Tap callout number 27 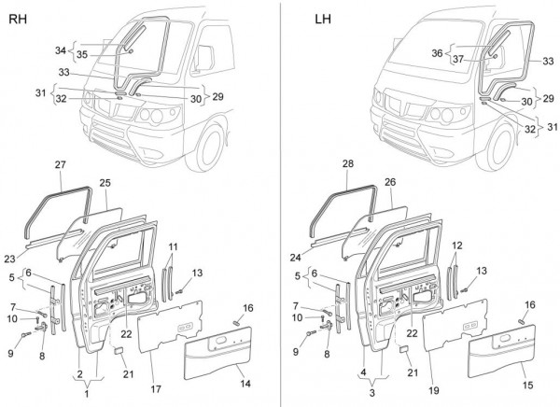pos(61,165)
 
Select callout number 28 pos(323,165)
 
